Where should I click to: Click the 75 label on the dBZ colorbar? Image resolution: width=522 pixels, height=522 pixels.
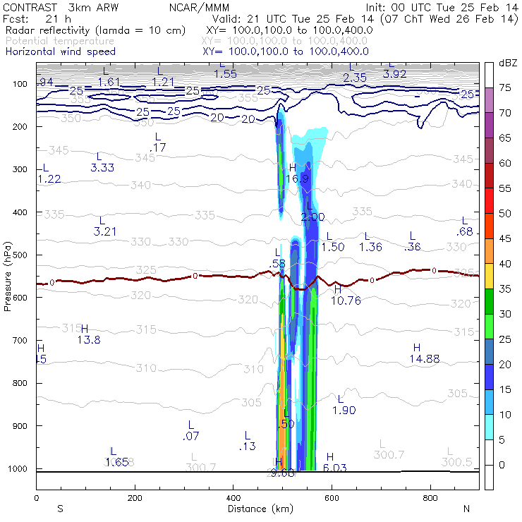[x=504, y=88]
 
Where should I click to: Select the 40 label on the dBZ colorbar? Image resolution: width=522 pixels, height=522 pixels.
[x=504, y=264]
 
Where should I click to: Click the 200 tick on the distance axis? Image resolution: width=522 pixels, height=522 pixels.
[x=135, y=497]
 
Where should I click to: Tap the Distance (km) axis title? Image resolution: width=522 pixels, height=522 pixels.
[x=257, y=509]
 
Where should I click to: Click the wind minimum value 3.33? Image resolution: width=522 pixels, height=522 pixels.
[x=103, y=167]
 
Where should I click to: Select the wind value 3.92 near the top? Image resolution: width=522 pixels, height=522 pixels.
[x=395, y=73]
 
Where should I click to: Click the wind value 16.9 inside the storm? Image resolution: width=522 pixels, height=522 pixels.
[x=299, y=179]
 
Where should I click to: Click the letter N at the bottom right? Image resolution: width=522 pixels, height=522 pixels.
[x=466, y=509]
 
